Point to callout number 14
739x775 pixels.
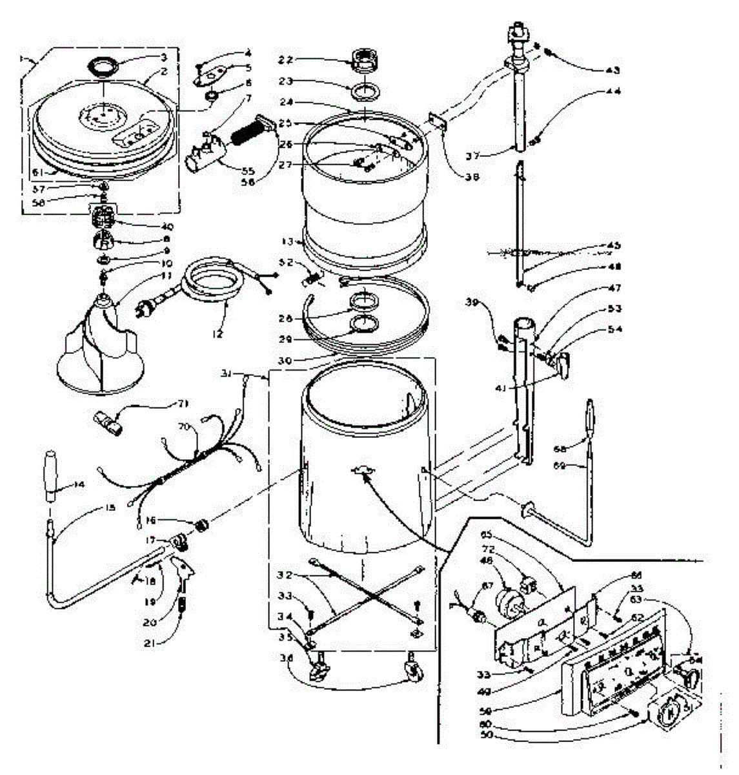point(62,484)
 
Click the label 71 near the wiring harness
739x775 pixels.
point(185,404)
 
